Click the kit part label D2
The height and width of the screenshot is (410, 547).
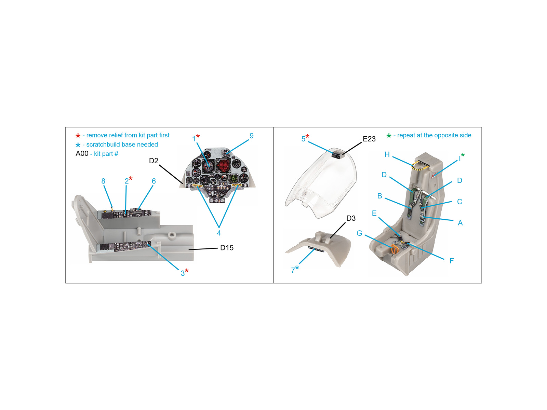point(154,161)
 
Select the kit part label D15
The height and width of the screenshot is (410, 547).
point(227,248)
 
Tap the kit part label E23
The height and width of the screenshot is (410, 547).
point(369,139)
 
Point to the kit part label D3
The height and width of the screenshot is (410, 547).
point(351,218)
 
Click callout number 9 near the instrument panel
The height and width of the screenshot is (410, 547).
point(252,136)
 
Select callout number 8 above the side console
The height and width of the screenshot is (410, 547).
point(104,181)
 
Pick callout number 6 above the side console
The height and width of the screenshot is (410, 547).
point(154,181)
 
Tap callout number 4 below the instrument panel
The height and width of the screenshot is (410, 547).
point(219,233)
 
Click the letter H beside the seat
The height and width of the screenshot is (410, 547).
point(387,154)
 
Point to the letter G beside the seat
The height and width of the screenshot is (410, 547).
point(359,233)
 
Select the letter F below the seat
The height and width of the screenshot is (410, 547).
point(452,261)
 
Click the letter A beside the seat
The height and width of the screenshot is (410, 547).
point(460,223)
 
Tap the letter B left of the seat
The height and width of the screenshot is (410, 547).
point(379,196)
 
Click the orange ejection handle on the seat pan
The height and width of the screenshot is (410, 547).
point(393,249)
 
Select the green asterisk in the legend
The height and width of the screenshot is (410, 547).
point(389,136)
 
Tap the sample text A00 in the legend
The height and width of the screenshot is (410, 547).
point(82,154)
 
